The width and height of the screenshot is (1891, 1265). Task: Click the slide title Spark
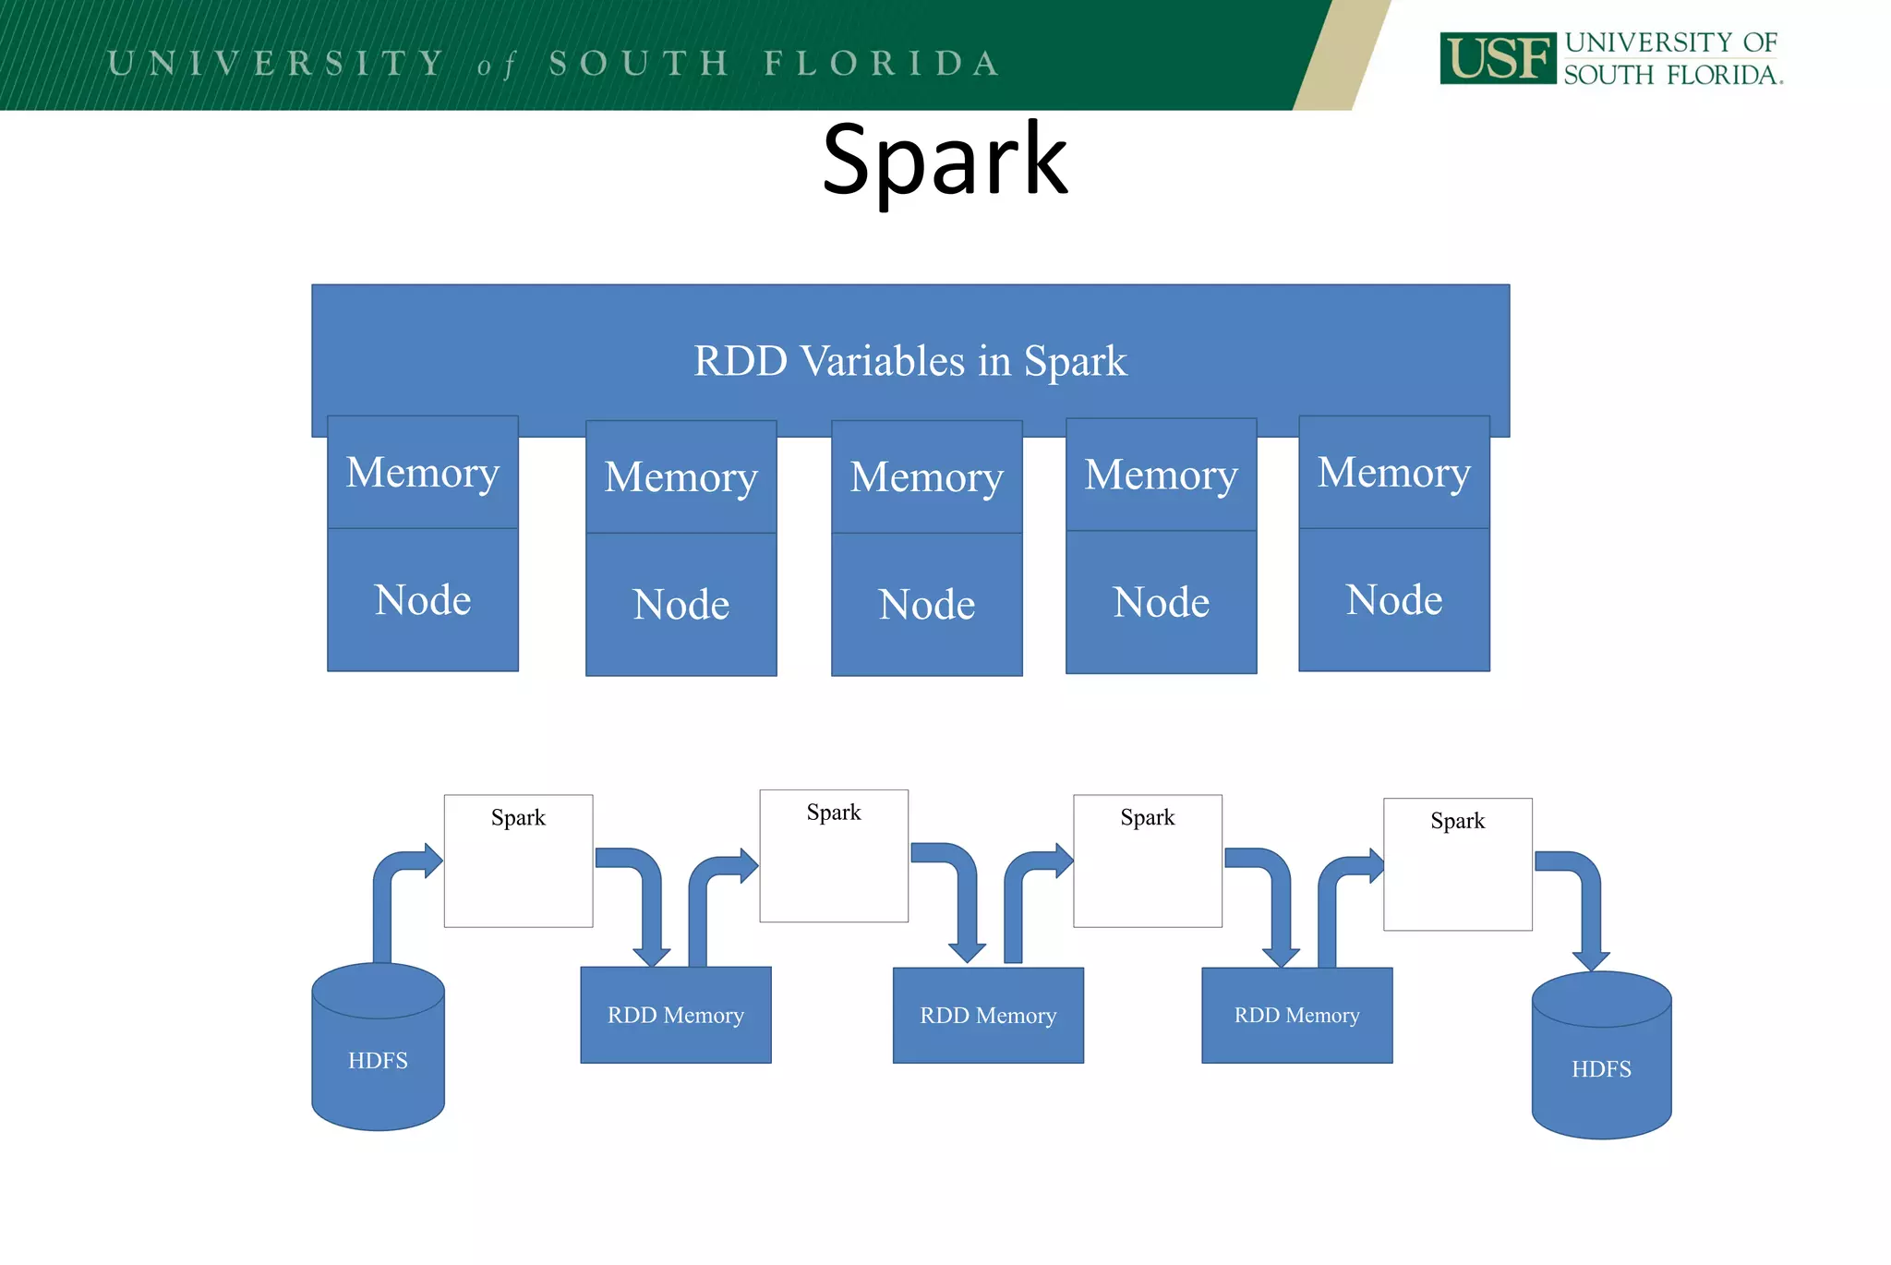[x=944, y=162]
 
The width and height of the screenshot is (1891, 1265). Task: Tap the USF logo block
[x=1497, y=59]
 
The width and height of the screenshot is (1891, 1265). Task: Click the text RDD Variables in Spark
[x=909, y=361]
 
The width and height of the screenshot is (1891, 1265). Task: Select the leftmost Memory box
[x=423, y=473]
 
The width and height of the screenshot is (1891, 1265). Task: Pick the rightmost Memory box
[x=1393, y=473]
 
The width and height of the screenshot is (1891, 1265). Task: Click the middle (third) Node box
[x=926, y=605]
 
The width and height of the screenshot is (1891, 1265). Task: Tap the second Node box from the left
[x=681, y=605]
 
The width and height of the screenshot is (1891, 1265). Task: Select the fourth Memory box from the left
[x=1161, y=476]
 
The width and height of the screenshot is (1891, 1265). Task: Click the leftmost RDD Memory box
[x=675, y=1015]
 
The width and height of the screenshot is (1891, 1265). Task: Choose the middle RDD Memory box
[x=988, y=1015]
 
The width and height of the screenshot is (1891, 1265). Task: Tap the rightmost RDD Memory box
[x=1296, y=1015]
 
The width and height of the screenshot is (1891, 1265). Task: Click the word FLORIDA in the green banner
[x=882, y=64]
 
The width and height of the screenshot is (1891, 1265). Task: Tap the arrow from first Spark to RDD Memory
[x=650, y=905]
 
